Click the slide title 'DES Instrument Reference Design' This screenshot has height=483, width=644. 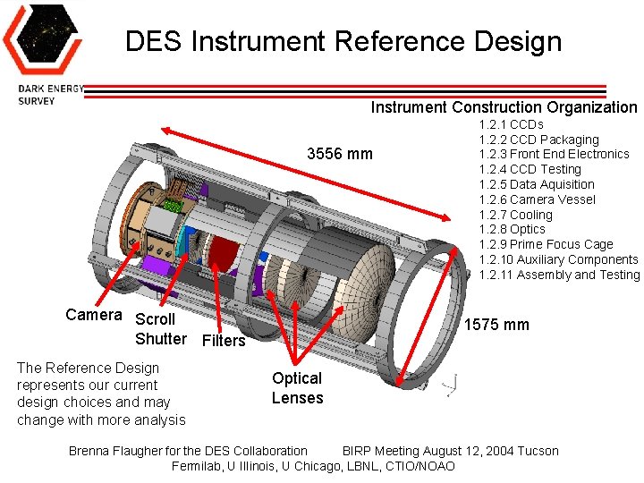click(x=343, y=41)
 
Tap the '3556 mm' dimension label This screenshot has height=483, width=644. click(x=339, y=154)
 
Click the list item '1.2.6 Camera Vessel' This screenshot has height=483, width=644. click(x=537, y=199)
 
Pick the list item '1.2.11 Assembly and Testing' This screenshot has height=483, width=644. click(x=559, y=275)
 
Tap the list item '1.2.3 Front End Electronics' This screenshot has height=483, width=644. click(x=554, y=154)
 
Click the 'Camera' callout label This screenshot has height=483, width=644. click(x=93, y=315)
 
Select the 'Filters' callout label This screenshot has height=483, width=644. click(x=224, y=341)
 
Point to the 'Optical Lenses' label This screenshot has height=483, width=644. click(x=297, y=388)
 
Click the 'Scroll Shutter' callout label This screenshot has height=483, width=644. click(x=160, y=328)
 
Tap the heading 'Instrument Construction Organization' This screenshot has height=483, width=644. click(x=504, y=107)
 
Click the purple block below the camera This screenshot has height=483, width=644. click(x=157, y=266)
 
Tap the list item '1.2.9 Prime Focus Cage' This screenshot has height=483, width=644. click(x=546, y=244)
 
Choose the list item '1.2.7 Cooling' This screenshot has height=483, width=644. click(x=515, y=215)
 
